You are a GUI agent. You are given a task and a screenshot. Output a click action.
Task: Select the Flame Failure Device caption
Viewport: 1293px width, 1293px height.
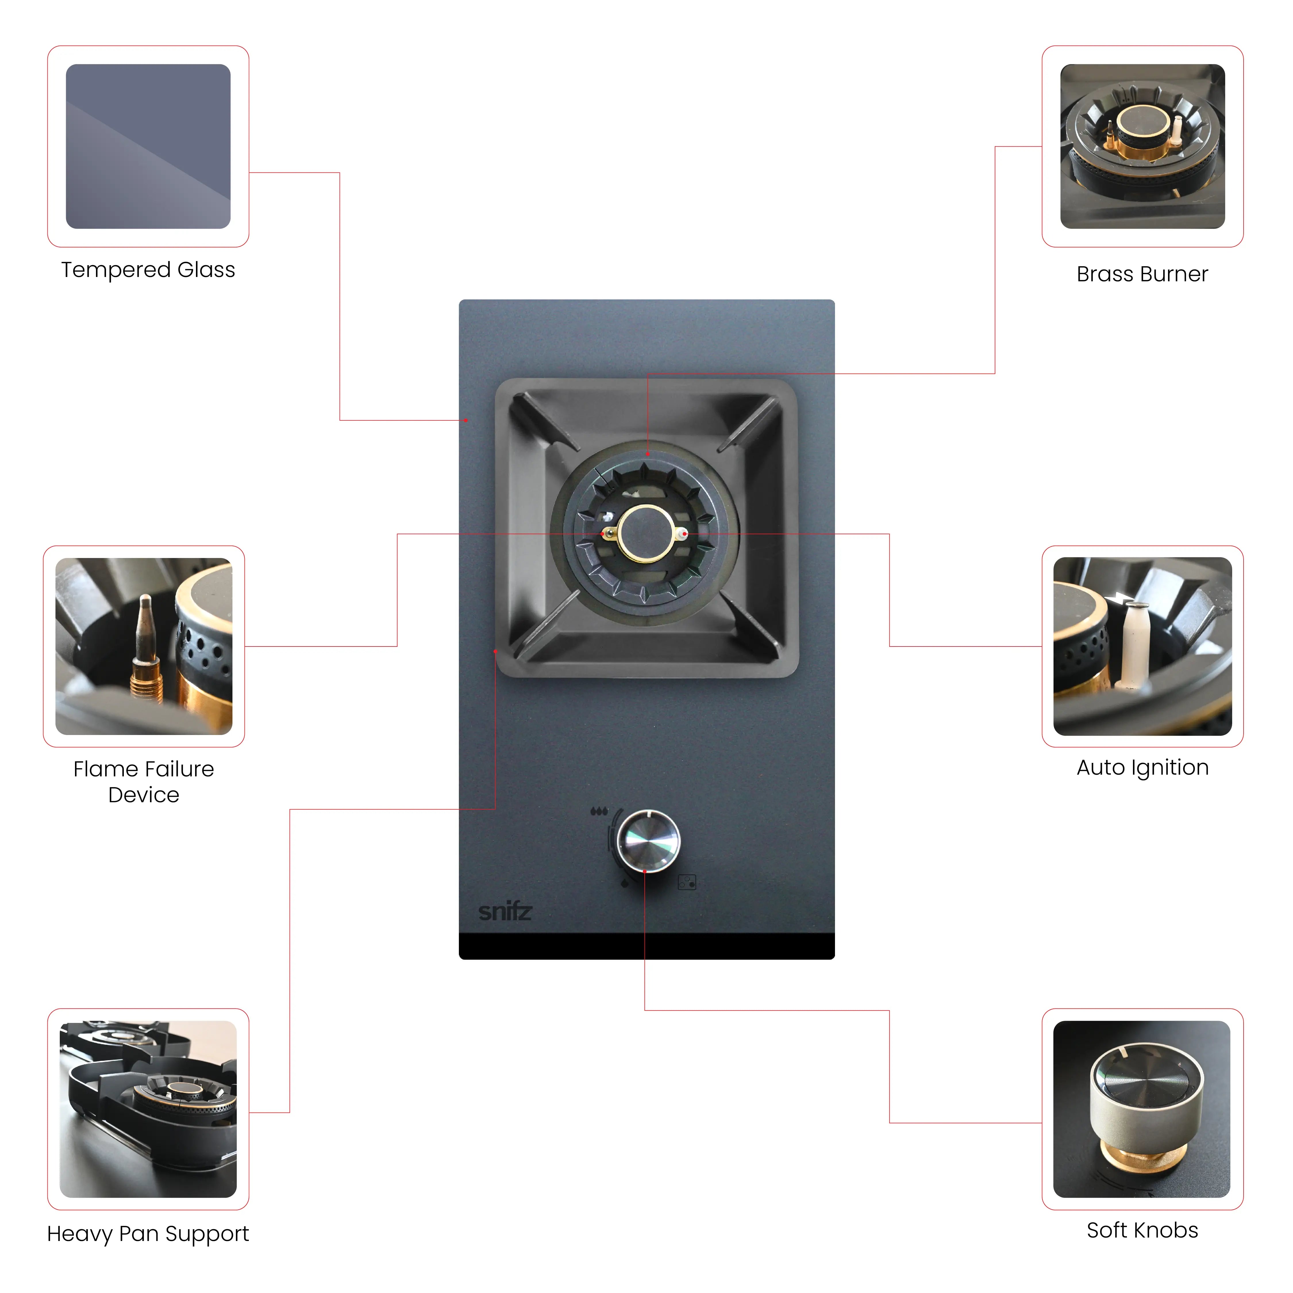144,782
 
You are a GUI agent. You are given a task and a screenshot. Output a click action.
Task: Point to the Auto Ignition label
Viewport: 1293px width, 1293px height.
1142,768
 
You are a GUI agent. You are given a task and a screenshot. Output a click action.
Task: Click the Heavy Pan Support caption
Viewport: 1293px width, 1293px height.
148,1234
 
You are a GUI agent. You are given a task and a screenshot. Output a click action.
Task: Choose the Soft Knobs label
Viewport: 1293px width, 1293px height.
1142,1230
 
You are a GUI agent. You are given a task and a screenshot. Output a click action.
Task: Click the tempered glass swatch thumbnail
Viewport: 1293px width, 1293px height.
148,147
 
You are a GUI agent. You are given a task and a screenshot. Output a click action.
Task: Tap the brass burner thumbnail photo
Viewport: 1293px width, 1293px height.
1142,147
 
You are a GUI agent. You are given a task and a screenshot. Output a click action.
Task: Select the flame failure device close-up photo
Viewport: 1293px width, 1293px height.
144,646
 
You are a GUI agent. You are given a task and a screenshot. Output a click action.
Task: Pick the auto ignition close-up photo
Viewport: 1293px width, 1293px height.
1142,646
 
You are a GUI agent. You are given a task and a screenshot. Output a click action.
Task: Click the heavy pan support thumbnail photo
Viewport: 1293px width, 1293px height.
148,1109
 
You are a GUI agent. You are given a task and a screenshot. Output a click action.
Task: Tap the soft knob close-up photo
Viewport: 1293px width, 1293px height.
1142,1109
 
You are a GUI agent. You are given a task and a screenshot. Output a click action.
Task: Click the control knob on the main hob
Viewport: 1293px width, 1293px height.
648,840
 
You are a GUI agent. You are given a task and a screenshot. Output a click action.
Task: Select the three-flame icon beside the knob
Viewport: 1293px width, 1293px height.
599,811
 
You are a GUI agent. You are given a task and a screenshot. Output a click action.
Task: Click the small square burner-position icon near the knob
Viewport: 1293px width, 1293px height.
687,882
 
